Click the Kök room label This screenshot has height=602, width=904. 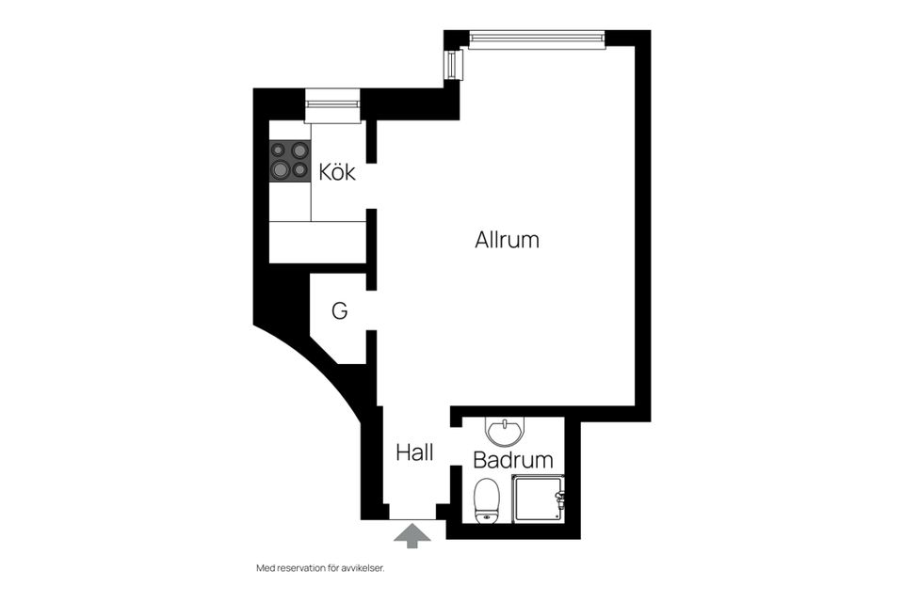click(x=337, y=172)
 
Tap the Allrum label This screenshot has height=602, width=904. click(x=508, y=240)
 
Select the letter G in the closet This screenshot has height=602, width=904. click(x=340, y=311)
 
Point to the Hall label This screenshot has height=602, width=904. click(x=414, y=452)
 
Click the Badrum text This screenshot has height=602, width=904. click(x=513, y=460)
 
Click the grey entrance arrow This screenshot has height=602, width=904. click(x=412, y=536)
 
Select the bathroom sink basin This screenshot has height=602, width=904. click(x=506, y=431)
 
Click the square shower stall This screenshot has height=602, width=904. click(x=538, y=499)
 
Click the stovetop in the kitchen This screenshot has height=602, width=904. click(x=290, y=161)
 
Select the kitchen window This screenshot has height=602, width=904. click(x=332, y=105)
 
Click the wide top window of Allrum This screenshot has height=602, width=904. click(x=537, y=40)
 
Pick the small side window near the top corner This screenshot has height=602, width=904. click(x=453, y=64)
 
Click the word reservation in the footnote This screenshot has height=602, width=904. click(x=301, y=568)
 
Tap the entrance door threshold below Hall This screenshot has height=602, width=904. click(x=412, y=512)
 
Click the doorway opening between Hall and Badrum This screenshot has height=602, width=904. click(x=456, y=447)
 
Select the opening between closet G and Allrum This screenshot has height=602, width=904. click(x=371, y=310)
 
